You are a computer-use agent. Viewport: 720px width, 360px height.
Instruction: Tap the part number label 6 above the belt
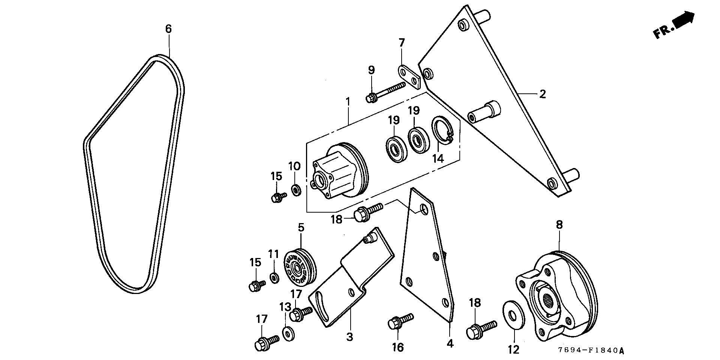point(168,29)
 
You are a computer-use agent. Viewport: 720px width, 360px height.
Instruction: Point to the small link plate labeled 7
point(409,76)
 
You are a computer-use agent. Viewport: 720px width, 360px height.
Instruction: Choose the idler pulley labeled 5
point(300,267)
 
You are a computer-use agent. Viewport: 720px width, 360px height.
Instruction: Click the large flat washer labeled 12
point(511,314)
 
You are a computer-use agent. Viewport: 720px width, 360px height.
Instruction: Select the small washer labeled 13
point(288,333)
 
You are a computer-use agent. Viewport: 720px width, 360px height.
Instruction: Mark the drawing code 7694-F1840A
point(591,351)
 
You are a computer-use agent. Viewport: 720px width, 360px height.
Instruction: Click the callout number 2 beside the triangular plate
point(542,94)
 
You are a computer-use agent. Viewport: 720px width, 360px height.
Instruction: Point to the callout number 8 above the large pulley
point(559,225)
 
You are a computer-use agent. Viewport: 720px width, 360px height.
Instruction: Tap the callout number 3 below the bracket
point(349,337)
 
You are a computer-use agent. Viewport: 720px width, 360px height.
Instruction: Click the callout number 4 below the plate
point(450,343)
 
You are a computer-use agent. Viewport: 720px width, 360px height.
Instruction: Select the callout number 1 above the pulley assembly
point(348,101)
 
